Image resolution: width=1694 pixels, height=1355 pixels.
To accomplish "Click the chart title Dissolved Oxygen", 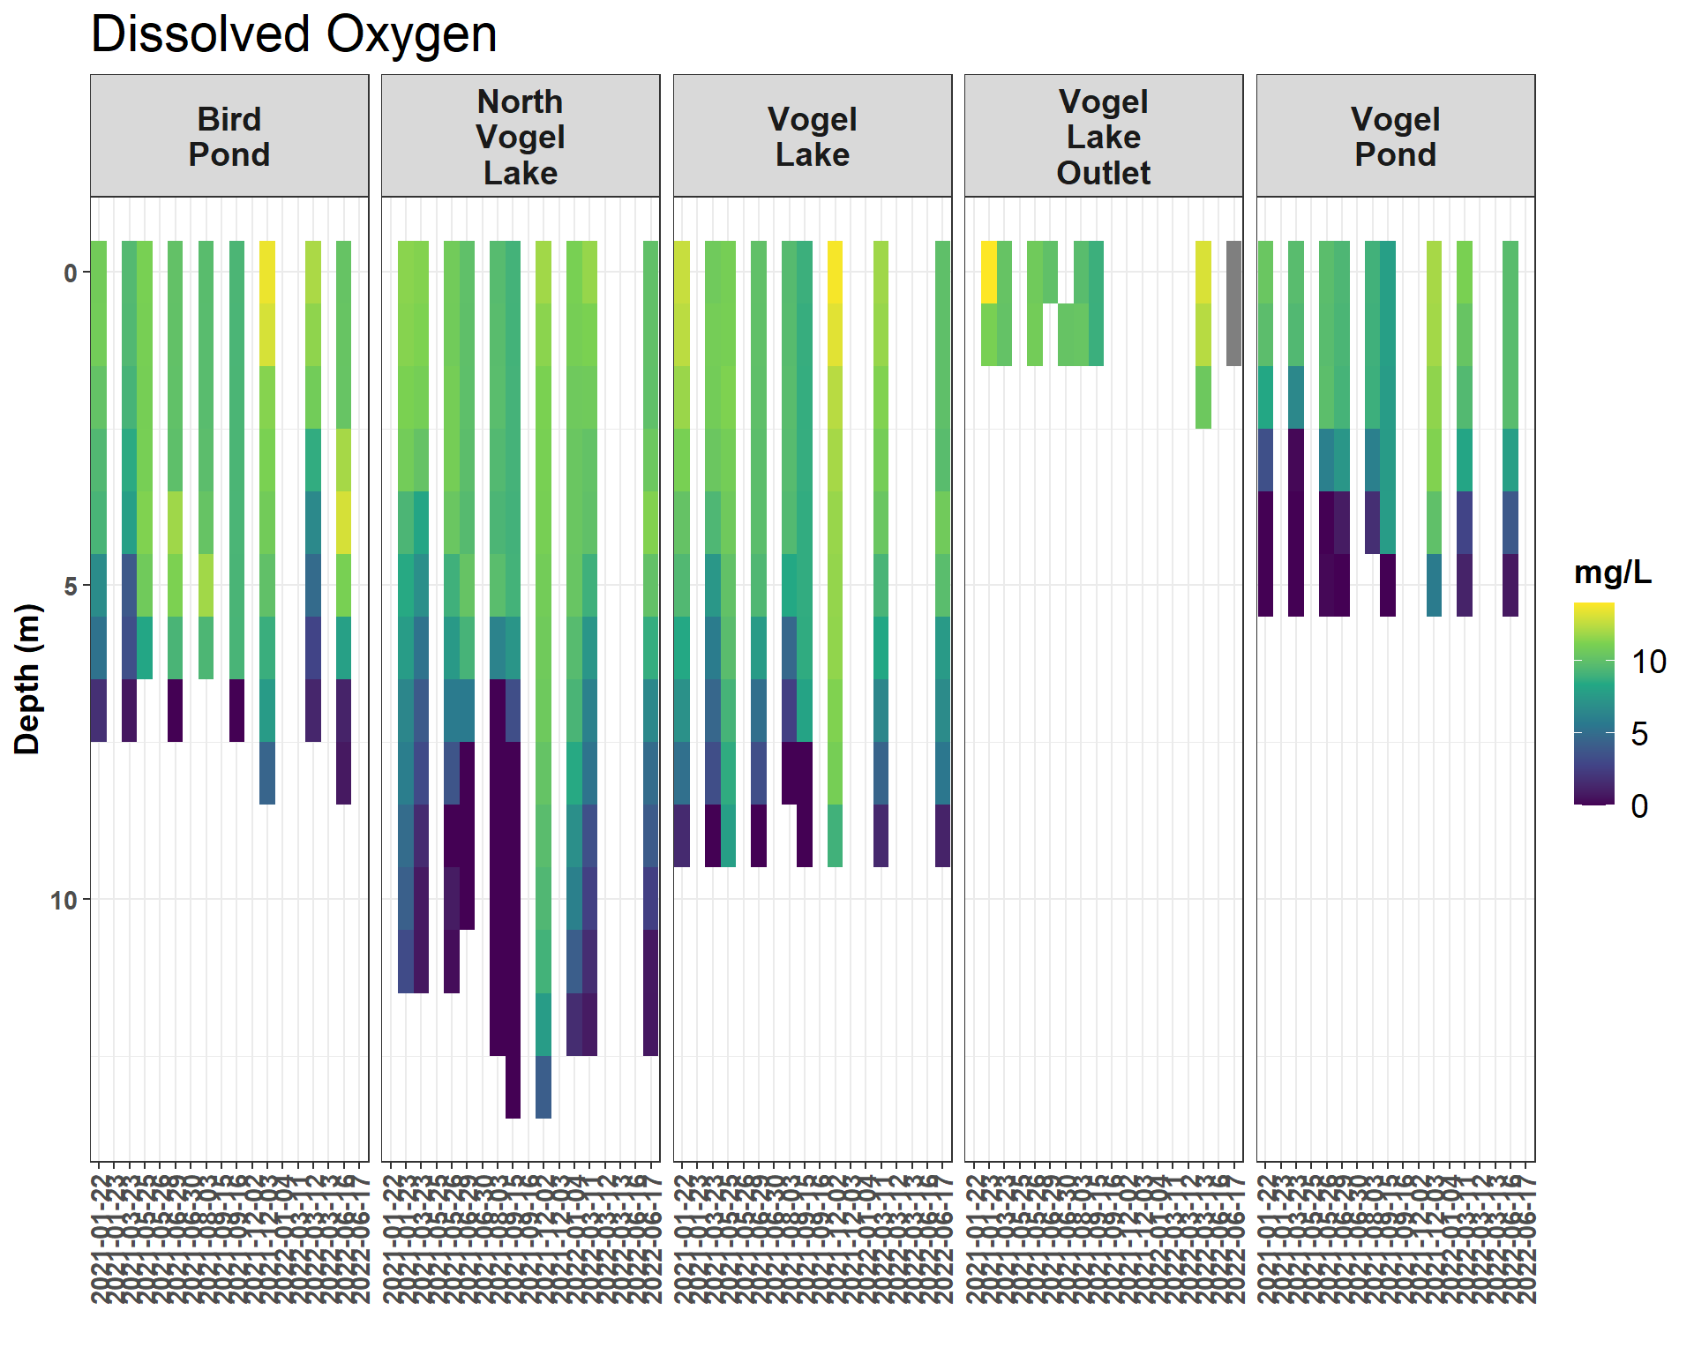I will pyautogui.click(x=294, y=35).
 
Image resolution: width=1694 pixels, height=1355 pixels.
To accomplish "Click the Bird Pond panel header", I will pyautogui.click(x=229, y=137).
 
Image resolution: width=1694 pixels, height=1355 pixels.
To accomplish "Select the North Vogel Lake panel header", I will pyautogui.click(x=521, y=137).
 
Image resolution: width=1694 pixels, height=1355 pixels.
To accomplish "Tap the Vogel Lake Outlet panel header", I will pyautogui.click(x=1104, y=137).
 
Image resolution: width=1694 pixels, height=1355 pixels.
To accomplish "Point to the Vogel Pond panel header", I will pyautogui.click(x=1395, y=137).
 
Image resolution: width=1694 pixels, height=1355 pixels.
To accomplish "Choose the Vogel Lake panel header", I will pyautogui.click(x=812, y=137).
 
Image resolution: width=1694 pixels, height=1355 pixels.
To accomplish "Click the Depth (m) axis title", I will pyautogui.click(x=27, y=678).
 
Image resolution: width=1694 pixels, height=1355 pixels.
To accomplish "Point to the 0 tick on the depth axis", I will pyautogui.click(x=71, y=273).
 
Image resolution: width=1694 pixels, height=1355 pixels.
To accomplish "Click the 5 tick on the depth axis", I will pyautogui.click(x=71, y=587).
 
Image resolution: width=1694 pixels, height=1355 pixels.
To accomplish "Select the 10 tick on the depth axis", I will pyautogui.click(x=64, y=901).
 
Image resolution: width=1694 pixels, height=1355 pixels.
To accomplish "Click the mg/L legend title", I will pyautogui.click(x=1612, y=573).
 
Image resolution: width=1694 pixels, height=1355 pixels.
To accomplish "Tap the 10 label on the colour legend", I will pyautogui.click(x=1648, y=662).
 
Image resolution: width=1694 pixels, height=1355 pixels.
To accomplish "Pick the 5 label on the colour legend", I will pyautogui.click(x=1639, y=734).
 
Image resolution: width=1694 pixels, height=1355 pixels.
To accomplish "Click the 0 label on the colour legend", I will pyautogui.click(x=1639, y=806).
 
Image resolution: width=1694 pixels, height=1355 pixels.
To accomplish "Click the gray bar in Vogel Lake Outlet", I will pyautogui.click(x=1233, y=303).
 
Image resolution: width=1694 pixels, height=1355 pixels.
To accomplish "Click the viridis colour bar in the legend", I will pyautogui.click(x=1593, y=703).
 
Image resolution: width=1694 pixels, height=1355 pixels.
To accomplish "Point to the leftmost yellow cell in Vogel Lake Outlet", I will pyautogui.click(x=989, y=272).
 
